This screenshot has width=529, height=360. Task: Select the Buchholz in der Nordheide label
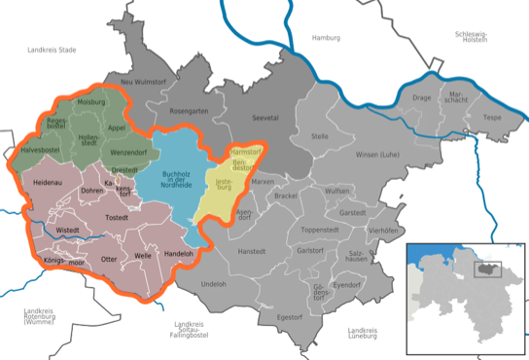(x=175, y=178)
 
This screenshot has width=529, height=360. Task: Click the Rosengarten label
(x=191, y=111)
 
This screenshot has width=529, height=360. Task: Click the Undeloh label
(x=214, y=283)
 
